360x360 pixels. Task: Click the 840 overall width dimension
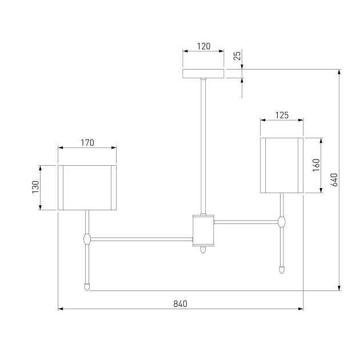(x=180, y=304)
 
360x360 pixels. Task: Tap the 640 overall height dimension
(x=334, y=180)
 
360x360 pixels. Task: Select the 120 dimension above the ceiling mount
(x=203, y=46)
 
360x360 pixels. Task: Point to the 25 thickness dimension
(x=237, y=55)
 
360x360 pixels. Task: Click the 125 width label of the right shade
(x=282, y=115)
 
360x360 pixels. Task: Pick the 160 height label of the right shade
(x=316, y=165)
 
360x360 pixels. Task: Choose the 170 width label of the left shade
(x=87, y=143)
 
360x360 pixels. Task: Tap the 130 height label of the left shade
(x=35, y=187)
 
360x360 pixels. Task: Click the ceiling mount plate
(x=203, y=74)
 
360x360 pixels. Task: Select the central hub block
(x=203, y=230)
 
